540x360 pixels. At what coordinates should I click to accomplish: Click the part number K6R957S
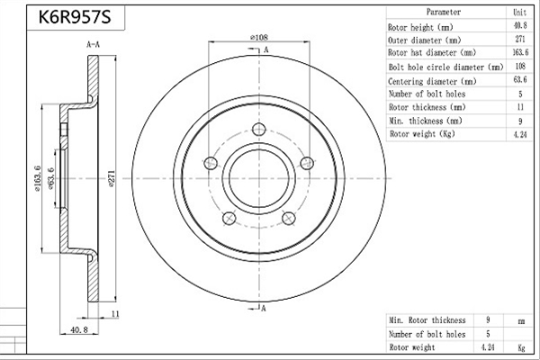point(75,16)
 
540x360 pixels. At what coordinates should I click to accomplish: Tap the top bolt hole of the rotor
point(258,130)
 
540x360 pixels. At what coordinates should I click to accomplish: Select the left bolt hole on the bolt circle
point(211,163)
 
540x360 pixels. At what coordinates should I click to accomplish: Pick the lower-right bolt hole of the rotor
point(289,218)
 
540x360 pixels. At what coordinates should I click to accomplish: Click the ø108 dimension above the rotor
point(259,37)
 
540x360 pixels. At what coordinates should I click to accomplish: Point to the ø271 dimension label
point(112,178)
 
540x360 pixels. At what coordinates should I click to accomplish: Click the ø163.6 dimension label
point(37,178)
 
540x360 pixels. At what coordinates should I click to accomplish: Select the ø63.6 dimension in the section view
point(51,178)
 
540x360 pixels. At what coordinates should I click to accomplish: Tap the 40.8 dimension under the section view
point(79,329)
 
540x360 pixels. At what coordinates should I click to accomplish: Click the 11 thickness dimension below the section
point(115,314)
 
